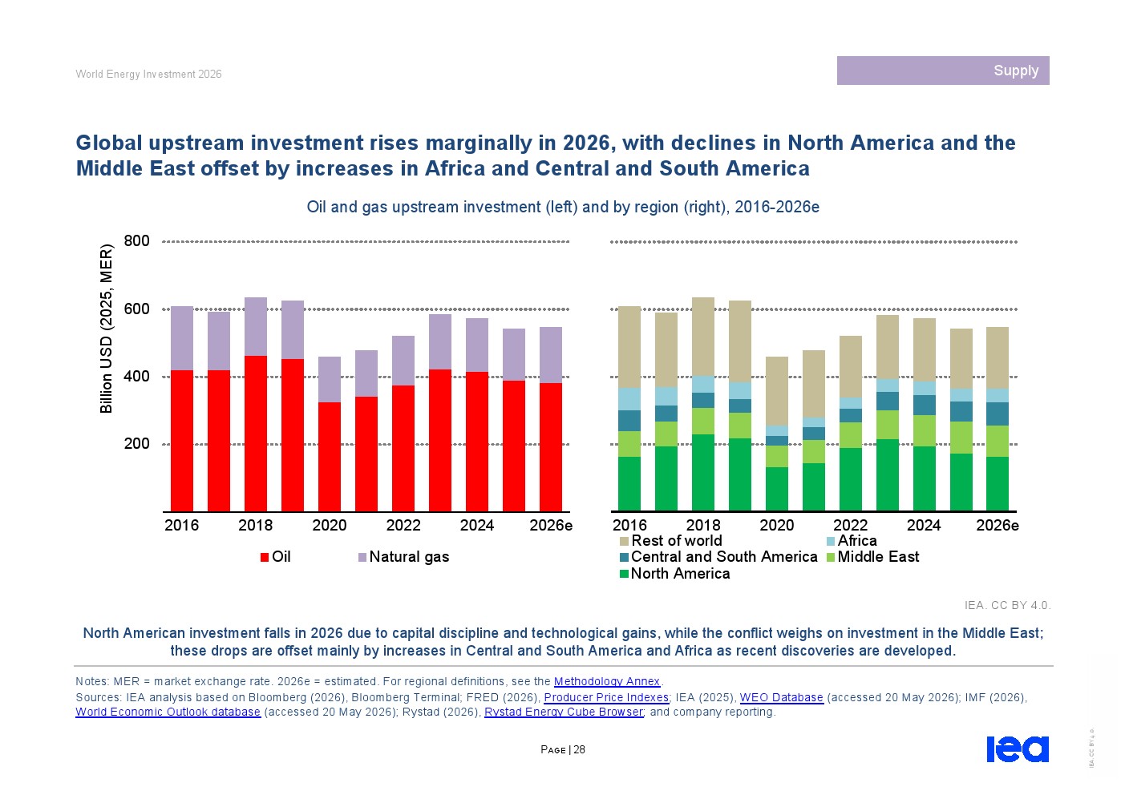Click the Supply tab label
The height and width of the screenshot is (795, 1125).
click(x=1015, y=71)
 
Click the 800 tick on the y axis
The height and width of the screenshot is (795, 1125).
click(x=136, y=241)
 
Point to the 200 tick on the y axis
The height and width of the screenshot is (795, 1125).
click(x=136, y=444)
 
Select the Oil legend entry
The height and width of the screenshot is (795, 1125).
click(x=276, y=557)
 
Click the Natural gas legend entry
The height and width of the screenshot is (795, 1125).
click(x=403, y=557)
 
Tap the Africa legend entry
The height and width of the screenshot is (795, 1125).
click(x=852, y=540)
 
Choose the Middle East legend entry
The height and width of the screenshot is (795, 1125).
click(x=872, y=557)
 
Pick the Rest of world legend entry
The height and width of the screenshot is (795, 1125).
click(x=670, y=540)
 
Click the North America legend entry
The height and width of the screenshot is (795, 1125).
click(x=674, y=573)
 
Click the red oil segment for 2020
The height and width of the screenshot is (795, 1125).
click(x=330, y=457)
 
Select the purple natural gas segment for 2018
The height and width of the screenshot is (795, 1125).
click(x=256, y=327)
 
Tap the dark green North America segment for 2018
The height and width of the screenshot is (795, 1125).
click(x=703, y=473)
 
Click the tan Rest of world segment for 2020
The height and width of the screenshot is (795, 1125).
click(x=776, y=391)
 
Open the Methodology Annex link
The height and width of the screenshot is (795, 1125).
click(x=607, y=681)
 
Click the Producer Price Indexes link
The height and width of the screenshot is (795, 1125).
click(x=606, y=697)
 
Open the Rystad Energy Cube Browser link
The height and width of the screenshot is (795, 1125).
click(x=564, y=712)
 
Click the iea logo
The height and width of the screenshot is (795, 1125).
click(x=1018, y=749)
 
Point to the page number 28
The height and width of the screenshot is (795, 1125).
click(x=579, y=749)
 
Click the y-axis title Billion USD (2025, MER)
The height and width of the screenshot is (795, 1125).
click(x=106, y=329)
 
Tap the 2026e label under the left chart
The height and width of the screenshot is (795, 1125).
click(x=551, y=526)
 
